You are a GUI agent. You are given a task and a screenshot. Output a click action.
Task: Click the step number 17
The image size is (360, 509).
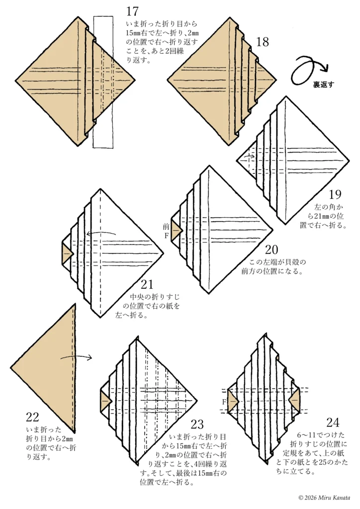(x=132, y=11)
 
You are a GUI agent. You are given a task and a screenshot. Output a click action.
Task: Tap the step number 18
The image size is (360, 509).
(x=263, y=42)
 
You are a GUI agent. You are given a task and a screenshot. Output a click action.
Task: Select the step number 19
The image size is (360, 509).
(x=335, y=194)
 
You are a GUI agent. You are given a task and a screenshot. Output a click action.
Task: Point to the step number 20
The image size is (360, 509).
(x=271, y=250)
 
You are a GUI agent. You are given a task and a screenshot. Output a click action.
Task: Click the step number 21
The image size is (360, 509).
(x=147, y=284)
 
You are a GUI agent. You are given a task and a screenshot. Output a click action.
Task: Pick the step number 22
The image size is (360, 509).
(x=32, y=417)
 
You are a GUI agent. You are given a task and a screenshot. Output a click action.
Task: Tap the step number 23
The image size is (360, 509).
(x=197, y=424)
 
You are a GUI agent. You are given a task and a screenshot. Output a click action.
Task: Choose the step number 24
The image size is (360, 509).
(x=333, y=423)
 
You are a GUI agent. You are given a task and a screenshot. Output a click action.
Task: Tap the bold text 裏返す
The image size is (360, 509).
(x=323, y=85)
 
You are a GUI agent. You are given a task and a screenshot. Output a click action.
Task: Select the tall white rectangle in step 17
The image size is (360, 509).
(x=103, y=82)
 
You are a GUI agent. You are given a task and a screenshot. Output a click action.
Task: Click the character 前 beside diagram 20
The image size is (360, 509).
(x=166, y=227)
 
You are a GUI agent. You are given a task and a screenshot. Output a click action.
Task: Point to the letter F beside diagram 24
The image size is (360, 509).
(x=224, y=402)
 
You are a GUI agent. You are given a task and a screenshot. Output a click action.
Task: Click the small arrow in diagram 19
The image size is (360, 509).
(x=249, y=157)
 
